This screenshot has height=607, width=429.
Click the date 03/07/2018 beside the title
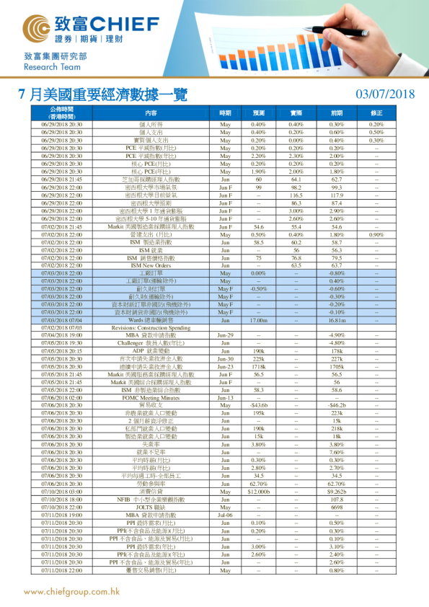[386, 94]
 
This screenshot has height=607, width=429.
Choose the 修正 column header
[376, 113]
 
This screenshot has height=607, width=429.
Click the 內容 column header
[151, 113]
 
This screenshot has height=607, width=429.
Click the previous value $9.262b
[336, 491]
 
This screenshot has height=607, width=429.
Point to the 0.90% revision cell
[376, 235]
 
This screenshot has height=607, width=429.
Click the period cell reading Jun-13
[225, 397]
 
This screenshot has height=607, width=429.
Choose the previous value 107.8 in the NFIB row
[336, 500]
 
